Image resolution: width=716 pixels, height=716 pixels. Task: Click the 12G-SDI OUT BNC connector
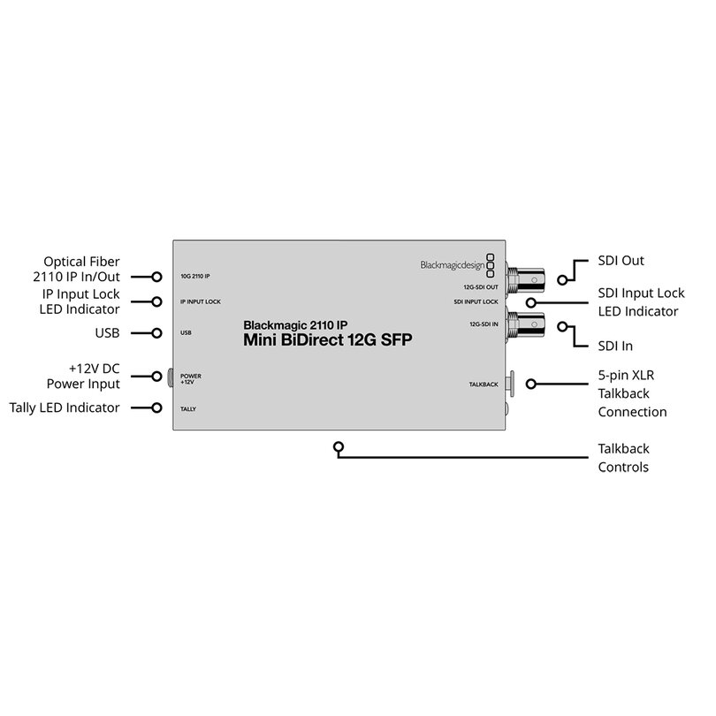point(525,278)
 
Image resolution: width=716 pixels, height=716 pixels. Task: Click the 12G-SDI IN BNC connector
point(525,324)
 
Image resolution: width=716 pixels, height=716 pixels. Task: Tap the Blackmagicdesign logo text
point(453,265)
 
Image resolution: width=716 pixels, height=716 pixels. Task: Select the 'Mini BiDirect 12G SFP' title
point(327,339)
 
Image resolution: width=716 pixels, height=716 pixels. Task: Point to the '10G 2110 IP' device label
point(195,277)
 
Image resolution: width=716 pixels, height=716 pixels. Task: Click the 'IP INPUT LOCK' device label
point(201,301)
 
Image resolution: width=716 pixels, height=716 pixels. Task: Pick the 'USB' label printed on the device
point(186,333)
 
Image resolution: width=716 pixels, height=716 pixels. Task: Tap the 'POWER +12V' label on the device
point(190,379)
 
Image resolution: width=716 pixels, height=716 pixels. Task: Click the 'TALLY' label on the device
point(188,409)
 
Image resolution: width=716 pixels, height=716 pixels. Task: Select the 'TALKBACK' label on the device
point(484,385)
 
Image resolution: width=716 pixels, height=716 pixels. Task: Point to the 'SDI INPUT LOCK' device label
point(476,301)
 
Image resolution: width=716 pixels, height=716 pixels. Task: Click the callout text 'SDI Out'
point(621,261)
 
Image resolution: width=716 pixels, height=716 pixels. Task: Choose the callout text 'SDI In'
point(615,347)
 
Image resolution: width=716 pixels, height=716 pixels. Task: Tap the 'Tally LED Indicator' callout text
point(65,408)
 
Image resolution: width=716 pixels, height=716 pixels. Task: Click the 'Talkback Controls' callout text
point(624,458)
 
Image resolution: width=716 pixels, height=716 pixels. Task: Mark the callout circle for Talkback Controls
point(339,447)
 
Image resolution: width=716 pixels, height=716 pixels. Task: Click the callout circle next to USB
point(156,333)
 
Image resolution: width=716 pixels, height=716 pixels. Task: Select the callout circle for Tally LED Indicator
point(156,408)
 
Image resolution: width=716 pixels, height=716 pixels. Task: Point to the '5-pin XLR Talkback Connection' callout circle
point(530,384)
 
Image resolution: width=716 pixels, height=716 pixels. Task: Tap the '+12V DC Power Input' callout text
point(84,377)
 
